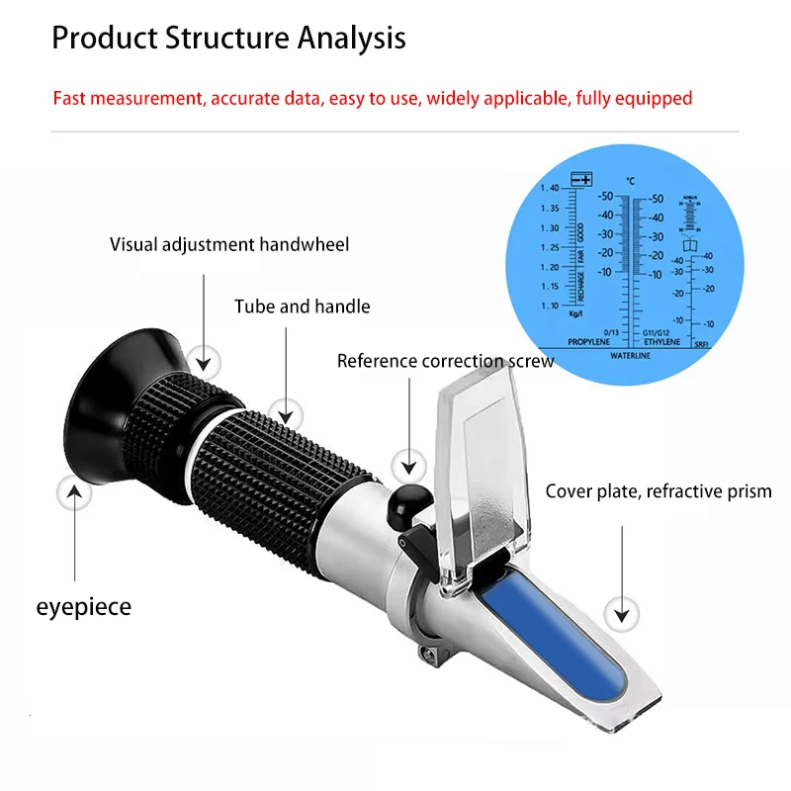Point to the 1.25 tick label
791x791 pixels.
[x=549, y=247]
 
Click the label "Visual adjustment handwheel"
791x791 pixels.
[x=229, y=244]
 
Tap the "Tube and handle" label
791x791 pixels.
[x=302, y=307]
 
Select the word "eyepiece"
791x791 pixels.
[x=83, y=606]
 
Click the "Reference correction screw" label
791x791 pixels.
[x=445, y=361]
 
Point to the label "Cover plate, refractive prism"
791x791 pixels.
[x=659, y=491]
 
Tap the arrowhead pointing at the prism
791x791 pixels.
[x=621, y=613]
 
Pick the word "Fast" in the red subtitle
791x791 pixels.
[x=70, y=98]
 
